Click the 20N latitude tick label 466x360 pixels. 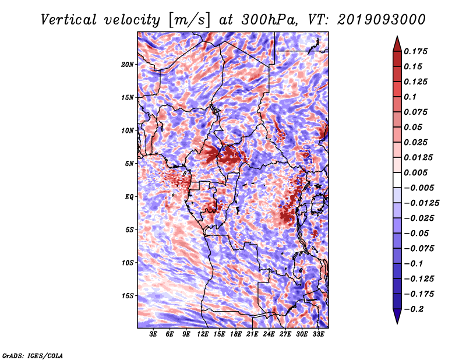(127, 64)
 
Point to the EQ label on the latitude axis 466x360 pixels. (129, 197)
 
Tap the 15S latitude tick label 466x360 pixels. (127, 296)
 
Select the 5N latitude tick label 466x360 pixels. (129, 164)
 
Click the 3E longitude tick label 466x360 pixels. (153, 334)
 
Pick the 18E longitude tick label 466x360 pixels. (236, 334)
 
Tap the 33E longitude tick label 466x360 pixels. (318, 334)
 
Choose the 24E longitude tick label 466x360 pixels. (269, 334)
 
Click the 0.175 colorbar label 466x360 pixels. (415, 51)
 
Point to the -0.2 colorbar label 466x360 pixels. (414, 309)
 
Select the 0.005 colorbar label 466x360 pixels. (415, 172)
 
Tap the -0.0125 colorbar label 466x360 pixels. (421, 203)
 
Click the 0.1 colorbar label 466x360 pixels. (410, 97)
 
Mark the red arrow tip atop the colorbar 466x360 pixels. (397, 36)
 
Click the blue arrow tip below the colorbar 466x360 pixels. (397, 323)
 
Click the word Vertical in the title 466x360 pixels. (68, 20)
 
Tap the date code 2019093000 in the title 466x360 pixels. (382, 20)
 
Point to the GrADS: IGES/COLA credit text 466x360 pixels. (33, 355)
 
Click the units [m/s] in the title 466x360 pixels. (189, 20)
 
